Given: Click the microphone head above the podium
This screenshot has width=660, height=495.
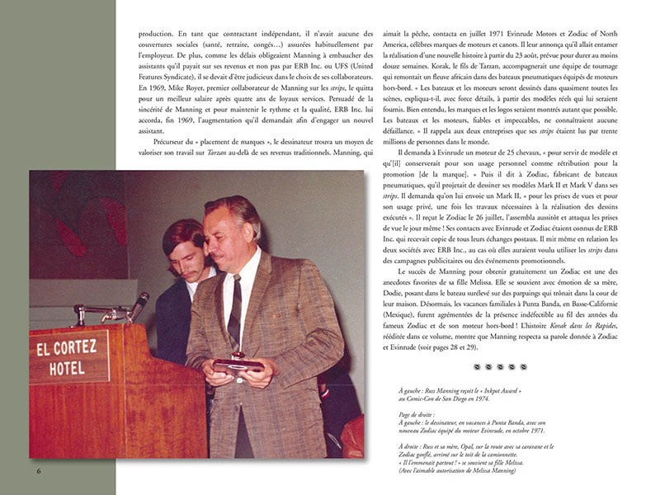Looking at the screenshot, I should tap(139, 300).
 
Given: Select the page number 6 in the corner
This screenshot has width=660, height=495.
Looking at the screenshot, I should tap(39, 471).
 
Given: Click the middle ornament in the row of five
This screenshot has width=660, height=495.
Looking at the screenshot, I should tap(498, 366).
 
